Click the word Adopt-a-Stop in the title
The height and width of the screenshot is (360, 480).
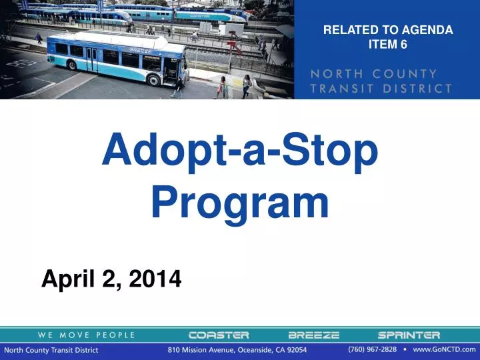pos(240,151)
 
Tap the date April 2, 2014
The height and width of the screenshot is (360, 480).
pos(111,279)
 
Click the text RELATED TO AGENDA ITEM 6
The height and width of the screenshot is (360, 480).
pos(387,37)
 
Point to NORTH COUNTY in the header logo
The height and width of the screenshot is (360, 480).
pos(374,73)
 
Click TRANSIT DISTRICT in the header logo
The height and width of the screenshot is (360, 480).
pos(381,88)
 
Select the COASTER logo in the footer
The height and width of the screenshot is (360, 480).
pos(218,335)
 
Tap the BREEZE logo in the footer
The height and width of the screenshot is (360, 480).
pos(313,335)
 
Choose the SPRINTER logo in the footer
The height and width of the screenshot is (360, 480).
pos(409,335)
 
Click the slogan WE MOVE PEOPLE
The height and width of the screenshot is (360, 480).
pos(86,335)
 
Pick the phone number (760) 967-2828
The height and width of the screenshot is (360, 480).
pos(372,349)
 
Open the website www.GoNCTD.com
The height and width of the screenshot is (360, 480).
pos(444,349)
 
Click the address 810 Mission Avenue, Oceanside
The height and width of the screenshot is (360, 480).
pos(237,350)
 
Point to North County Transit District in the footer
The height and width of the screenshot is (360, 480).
pos(51,350)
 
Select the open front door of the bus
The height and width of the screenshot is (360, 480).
pos(170,70)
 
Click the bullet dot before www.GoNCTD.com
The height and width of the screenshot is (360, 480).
pos(405,349)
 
